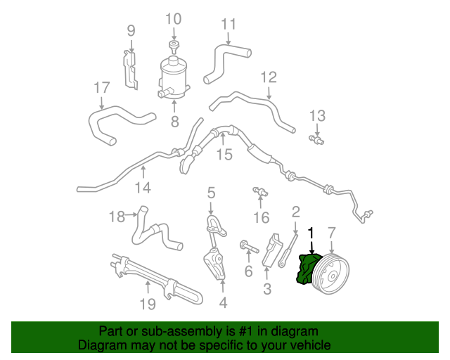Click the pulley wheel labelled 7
[330, 274]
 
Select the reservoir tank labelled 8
[174, 77]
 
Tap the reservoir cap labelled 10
[174, 47]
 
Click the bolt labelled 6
[249, 247]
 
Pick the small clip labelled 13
[316, 140]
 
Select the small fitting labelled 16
[260, 191]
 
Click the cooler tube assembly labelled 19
[156, 279]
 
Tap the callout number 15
[224, 155]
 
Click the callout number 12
[269, 77]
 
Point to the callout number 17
[102, 88]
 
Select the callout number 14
[143, 188]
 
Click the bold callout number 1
[311, 233]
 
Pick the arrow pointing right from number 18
[131, 214]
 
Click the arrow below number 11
[228, 39]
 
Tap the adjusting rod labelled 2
[288, 250]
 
